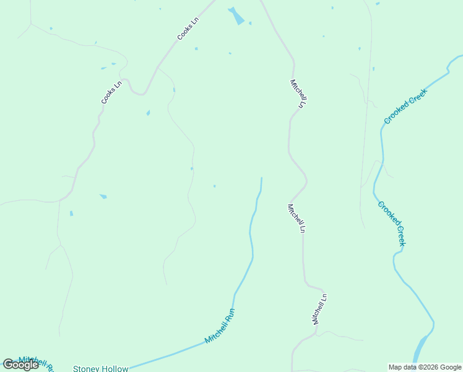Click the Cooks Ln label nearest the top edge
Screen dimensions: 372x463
[188, 29]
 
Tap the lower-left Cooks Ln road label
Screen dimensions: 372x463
[112, 92]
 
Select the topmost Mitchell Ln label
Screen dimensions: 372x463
[298, 94]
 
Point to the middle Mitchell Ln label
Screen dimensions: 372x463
[296, 218]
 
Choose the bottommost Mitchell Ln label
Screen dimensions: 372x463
[319, 309]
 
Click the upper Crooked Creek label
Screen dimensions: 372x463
[405, 105]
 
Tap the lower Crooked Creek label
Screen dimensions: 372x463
[391, 223]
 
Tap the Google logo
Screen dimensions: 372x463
[20, 365]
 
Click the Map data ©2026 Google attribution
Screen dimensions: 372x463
[425, 367]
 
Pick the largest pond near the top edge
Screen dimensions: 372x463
[236, 16]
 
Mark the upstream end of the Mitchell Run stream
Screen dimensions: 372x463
[261, 179]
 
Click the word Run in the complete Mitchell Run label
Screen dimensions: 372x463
[230, 314]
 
